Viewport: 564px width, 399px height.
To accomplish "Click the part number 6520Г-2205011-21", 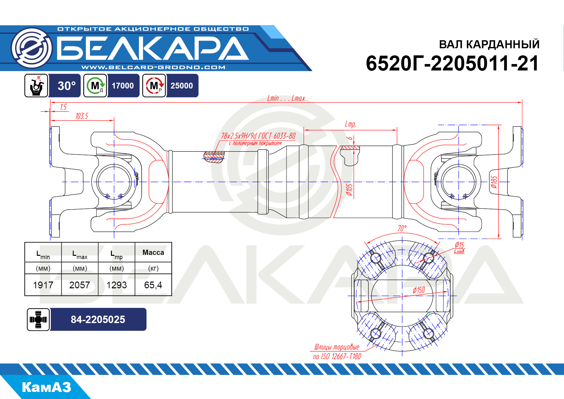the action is tap(452, 63).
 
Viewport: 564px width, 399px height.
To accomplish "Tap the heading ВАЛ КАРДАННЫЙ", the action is tap(489, 44).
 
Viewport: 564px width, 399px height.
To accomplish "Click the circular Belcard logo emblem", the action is tap(32, 48).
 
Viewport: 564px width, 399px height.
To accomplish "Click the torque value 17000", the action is tap(123, 86).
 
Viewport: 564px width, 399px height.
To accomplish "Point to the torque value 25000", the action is tap(182, 86).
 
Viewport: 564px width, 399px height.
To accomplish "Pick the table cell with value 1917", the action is tap(43, 285).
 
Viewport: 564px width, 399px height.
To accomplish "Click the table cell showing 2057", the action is tap(80, 285).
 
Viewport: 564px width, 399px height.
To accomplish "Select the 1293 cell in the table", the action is tap(117, 285).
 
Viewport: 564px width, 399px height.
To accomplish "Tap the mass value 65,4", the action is tap(153, 285).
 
